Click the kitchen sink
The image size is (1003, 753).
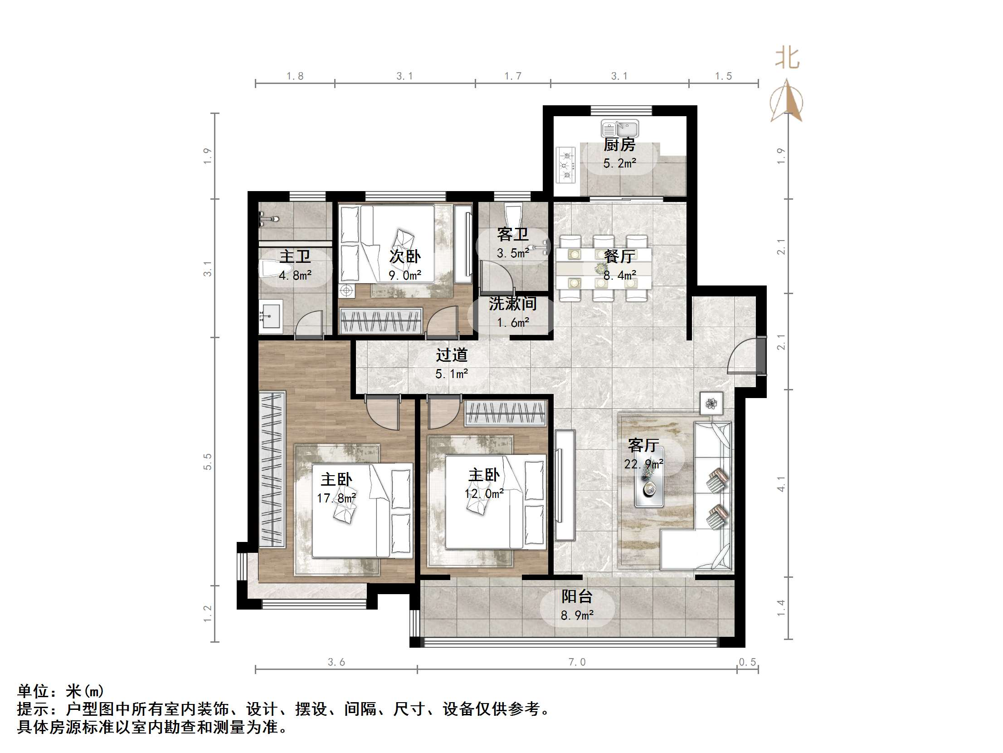click(619, 129)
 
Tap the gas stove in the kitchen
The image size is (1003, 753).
click(566, 164)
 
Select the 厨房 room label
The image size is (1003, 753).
click(619, 145)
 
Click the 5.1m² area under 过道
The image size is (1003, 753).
click(452, 374)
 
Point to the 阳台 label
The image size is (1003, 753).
click(577, 596)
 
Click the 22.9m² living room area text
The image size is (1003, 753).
click(644, 464)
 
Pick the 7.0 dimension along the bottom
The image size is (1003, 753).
click(577, 662)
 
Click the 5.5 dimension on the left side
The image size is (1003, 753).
click(208, 462)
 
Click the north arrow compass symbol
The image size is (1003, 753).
click(787, 101)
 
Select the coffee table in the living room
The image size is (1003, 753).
click(649, 477)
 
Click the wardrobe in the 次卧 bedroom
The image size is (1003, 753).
click(381, 320)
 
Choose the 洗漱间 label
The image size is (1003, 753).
click(513, 304)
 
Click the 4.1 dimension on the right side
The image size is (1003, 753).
click(781, 484)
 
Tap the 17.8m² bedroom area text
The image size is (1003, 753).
click(336, 498)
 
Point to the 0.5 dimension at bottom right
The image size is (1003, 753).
click(747, 662)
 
